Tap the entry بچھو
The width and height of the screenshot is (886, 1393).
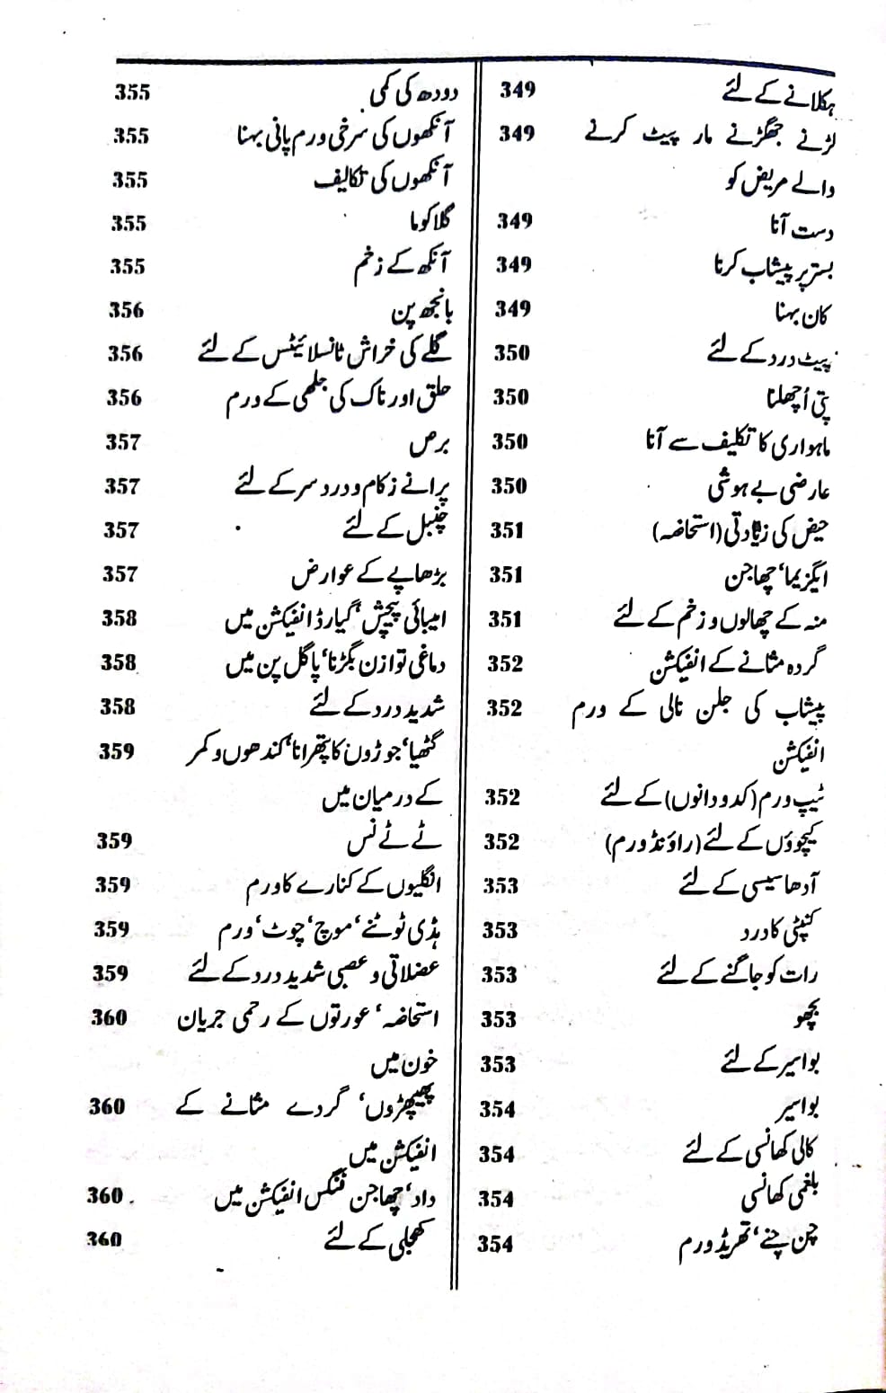click(807, 1018)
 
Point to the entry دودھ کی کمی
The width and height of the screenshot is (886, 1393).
click(413, 93)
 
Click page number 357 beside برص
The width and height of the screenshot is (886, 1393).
click(123, 442)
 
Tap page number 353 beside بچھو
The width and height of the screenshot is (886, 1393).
click(499, 1019)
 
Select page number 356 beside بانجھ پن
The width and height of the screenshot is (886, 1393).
click(126, 310)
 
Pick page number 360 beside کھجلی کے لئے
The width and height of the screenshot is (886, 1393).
click(104, 1238)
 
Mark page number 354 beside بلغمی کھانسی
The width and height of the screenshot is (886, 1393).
click(496, 1199)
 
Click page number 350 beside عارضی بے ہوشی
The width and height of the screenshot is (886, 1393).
click(509, 486)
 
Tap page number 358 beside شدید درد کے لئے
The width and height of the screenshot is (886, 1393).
click(118, 706)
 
